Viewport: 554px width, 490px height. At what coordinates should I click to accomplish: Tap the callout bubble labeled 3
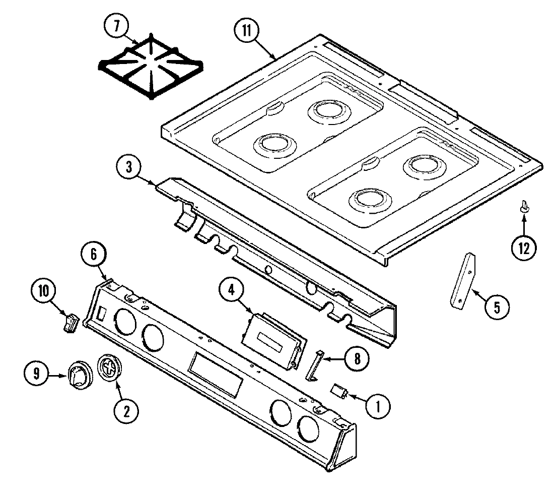click(130, 168)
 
